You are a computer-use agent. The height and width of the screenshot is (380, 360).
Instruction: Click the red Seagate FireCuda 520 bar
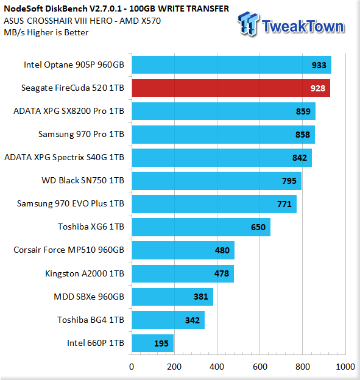pos(231,88)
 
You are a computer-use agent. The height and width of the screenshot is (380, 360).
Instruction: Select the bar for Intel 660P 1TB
pos(153,343)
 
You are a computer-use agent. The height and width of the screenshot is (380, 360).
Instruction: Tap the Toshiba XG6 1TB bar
pos(201,227)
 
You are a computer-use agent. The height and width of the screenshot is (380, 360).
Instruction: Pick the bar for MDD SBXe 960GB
pos(172,297)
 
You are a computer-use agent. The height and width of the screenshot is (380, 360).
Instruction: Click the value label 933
pos(319,65)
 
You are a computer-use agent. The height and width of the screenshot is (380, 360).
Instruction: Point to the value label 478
pos(222,273)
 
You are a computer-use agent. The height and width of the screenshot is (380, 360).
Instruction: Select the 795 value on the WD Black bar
pos(289,181)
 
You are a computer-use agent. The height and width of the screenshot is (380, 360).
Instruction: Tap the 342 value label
pos(192,320)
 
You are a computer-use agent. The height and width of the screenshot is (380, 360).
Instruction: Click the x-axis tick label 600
pos(260,367)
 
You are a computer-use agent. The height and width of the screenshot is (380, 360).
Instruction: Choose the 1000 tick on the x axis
pos(345,367)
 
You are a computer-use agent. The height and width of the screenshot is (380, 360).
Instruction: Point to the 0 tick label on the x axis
pos(132,367)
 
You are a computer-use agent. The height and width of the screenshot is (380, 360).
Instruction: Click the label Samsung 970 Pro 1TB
pos(81,134)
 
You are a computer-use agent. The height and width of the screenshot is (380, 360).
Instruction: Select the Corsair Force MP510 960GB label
pos(69,250)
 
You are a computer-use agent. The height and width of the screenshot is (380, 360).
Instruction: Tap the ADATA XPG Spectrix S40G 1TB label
pos(64,157)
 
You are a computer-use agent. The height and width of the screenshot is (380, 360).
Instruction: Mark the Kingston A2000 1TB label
pos(85,273)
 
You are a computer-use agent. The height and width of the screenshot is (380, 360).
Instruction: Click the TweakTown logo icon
pos(248,24)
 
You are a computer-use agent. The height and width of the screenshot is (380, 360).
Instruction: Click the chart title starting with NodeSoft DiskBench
pos(116,9)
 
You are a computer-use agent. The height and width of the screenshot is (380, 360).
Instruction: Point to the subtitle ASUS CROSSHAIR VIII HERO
pos(82,21)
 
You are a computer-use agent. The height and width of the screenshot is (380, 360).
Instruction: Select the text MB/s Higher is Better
pos(46,32)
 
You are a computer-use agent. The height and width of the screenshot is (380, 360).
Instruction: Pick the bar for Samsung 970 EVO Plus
pos(214,204)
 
